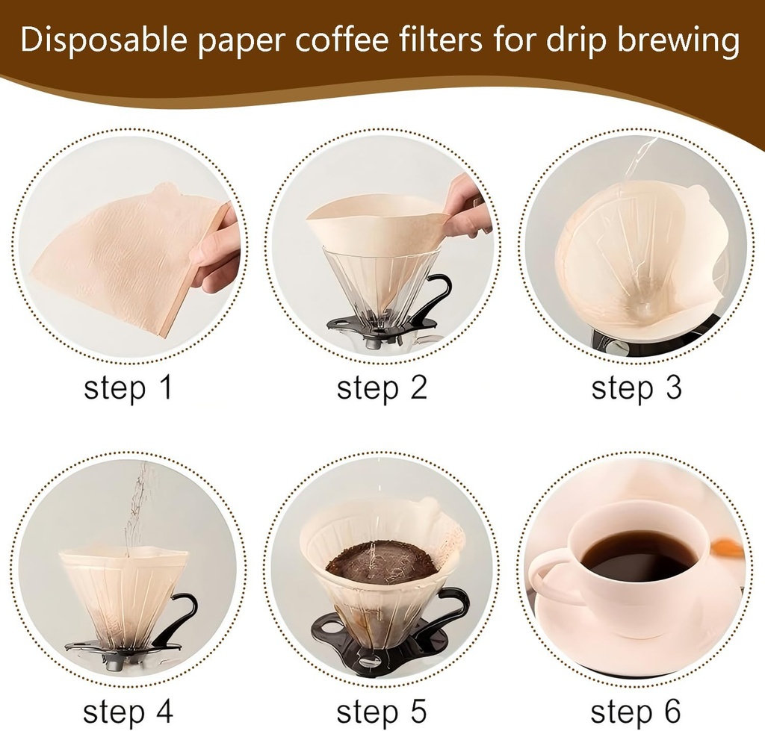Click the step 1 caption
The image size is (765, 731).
click(128, 388)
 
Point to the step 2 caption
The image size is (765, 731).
click(382, 388)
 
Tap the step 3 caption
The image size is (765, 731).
click(637, 388)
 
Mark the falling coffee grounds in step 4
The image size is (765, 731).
click(136, 508)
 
